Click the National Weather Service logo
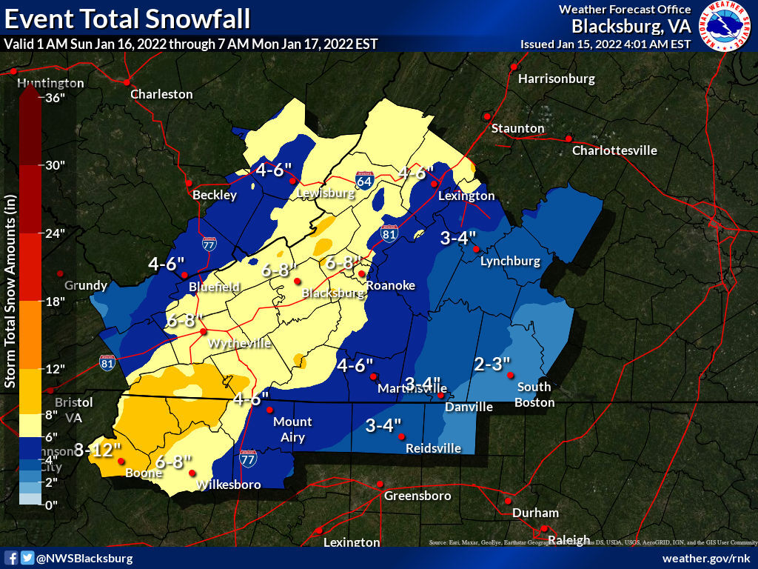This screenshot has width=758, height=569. [x=725, y=27]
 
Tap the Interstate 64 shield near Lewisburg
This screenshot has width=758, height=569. [x=363, y=180]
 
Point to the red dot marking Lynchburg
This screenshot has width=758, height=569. [x=477, y=249]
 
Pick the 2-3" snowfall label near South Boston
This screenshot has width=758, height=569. [x=492, y=364]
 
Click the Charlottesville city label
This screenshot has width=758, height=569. [x=614, y=150]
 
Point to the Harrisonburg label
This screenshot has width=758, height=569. [x=557, y=78]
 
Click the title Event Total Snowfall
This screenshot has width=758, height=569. [x=127, y=18]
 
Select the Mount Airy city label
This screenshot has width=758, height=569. [x=293, y=430]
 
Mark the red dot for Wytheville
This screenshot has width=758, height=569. [x=204, y=331]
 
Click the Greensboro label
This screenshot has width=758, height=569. [x=417, y=496]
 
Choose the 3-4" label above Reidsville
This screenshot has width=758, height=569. [x=383, y=425]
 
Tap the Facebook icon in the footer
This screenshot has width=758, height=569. [x=11, y=558]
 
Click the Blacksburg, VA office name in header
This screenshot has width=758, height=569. [x=631, y=27]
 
